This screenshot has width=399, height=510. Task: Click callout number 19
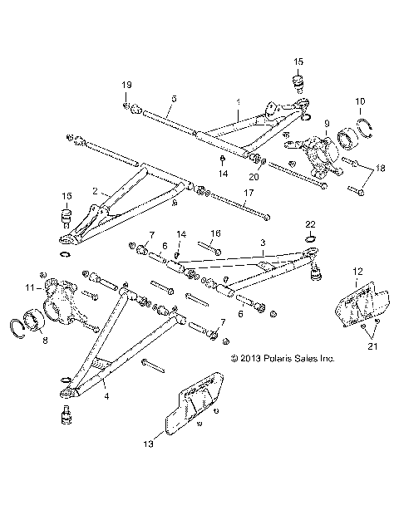pyautogui.click(x=127, y=86)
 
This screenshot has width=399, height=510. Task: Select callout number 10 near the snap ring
pyautogui.click(x=360, y=101)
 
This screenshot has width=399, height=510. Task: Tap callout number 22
pyautogui.click(x=309, y=225)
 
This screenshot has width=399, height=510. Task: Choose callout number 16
pyautogui.click(x=215, y=233)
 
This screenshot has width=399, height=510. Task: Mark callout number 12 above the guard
pyautogui.click(x=358, y=271)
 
